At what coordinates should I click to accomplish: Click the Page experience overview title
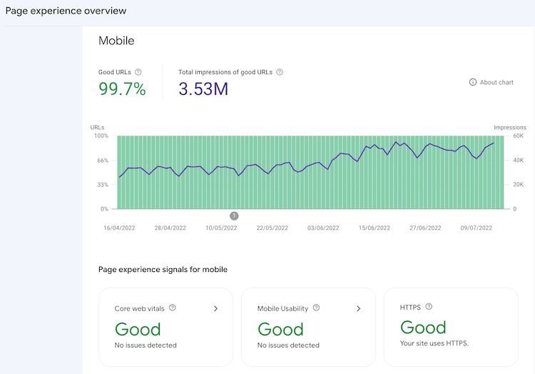point(66,11)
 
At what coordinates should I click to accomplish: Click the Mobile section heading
point(116,41)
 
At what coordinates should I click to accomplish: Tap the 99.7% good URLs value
point(122,89)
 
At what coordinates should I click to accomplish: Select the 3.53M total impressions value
point(203,89)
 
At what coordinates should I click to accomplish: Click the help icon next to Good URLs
point(138,72)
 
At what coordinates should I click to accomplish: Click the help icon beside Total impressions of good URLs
point(280,72)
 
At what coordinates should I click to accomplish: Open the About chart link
point(491,82)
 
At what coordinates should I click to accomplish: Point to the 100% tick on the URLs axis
point(101,136)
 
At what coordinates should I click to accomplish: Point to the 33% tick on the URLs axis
point(102,185)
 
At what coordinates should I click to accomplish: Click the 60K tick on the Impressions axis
point(518,136)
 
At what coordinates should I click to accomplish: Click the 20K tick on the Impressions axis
point(518,185)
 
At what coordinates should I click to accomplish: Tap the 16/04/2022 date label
point(118,228)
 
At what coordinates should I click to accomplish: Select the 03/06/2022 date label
point(323,228)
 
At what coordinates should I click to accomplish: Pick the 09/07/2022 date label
point(476,228)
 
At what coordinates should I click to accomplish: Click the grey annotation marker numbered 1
point(234,216)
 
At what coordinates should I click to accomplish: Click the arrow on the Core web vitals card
point(216,308)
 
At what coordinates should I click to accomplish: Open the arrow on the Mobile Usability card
point(359,308)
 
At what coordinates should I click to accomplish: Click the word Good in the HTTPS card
point(423,328)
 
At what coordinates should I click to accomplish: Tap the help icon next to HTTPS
point(429,307)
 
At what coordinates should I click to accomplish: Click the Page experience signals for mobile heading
point(163,269)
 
